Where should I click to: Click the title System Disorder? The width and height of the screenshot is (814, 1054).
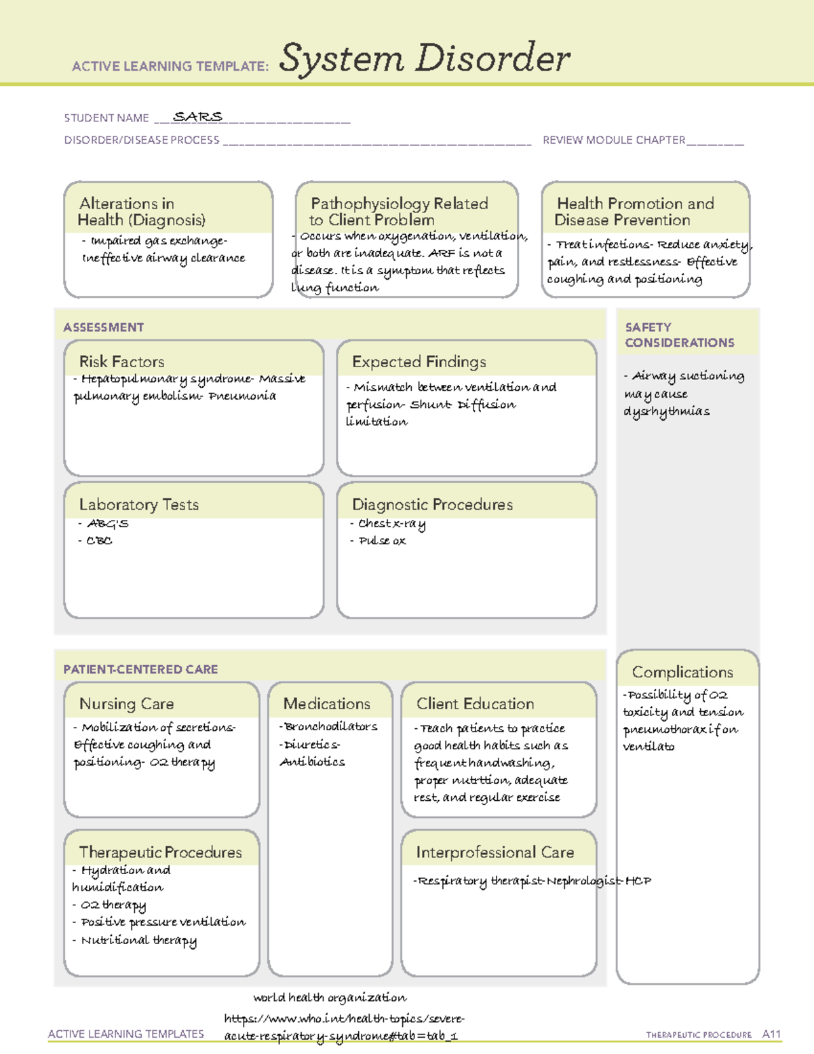(425, 58)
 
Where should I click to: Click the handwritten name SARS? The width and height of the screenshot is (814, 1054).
(197, 117)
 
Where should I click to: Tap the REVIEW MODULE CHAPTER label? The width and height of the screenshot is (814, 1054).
(614, 140)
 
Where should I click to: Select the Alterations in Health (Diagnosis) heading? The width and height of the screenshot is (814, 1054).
(141, 212)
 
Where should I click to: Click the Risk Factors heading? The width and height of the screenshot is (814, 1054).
(121, 362)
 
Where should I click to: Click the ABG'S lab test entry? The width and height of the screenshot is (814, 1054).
(107, 523)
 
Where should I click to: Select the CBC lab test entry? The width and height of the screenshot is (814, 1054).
(99, 541)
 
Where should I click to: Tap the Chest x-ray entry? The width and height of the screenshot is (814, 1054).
(391, 523)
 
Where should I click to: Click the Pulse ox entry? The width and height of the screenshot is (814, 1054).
(382, 541)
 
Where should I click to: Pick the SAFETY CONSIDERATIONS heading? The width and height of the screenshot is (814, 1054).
(679, 335)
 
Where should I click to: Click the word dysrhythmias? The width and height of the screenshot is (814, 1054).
(667, 411)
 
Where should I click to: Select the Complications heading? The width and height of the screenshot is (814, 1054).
(682, 672)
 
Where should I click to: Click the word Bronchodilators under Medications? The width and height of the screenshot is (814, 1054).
(331, 727)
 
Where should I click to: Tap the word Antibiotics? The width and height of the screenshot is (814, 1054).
(313, 762)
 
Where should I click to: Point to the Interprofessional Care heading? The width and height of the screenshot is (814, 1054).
(495, 852)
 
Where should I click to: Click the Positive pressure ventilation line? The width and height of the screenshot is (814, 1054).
(163, 922)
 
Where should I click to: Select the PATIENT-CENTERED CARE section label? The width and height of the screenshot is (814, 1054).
(140, 669)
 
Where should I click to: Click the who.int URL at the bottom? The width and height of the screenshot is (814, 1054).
(344, 1027)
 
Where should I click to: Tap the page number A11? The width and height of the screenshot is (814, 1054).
(771, 1034)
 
